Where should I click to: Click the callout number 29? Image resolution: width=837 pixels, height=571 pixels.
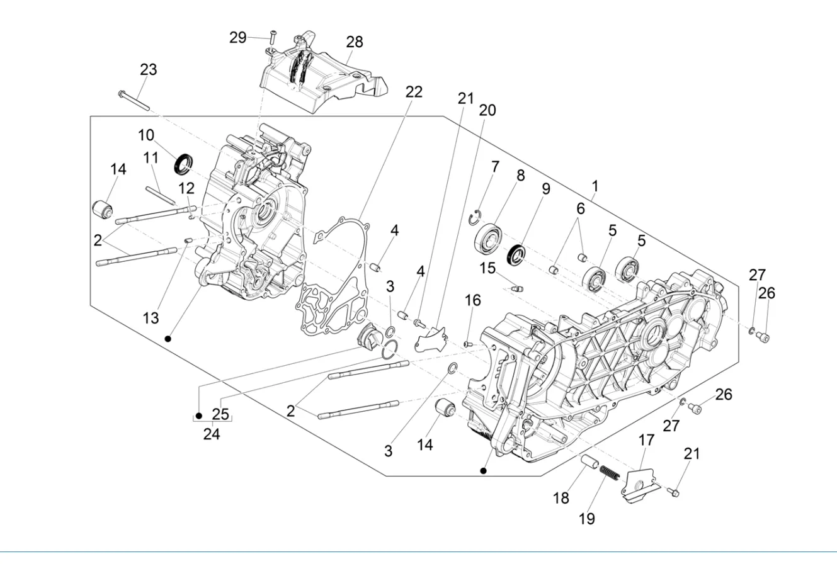click(x=237, y=38)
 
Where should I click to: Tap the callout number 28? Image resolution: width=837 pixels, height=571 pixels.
click(x=355, y=42)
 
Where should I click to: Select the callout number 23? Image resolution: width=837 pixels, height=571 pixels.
click(x=148, y=69)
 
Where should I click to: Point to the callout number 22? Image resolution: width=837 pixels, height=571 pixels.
click(x=414, y=92)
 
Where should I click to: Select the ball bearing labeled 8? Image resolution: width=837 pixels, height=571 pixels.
click(x=489, y=239)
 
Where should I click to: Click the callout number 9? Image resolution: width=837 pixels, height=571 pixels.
click(x=545, y=189)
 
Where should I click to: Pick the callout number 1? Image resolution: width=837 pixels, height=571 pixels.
click(x=595, y=186)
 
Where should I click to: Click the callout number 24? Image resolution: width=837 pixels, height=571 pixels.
click(x=212, y=434)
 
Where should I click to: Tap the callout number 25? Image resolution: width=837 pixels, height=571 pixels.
click(x=220, y=414)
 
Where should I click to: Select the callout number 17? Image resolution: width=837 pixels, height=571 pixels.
click(x=647, y=440)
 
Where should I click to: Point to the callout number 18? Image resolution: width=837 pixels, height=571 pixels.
click(x=561, y=499)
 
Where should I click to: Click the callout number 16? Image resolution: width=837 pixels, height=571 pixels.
click(x=472, y=300)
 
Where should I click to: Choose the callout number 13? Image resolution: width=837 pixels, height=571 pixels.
click(x=151, y=319)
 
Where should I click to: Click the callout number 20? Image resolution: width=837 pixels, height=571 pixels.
click(x=487, y=111)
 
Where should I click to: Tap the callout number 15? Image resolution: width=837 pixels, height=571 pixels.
click(x=487, y=268)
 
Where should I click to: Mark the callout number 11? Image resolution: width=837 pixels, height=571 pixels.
click(x=151, y=157)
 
